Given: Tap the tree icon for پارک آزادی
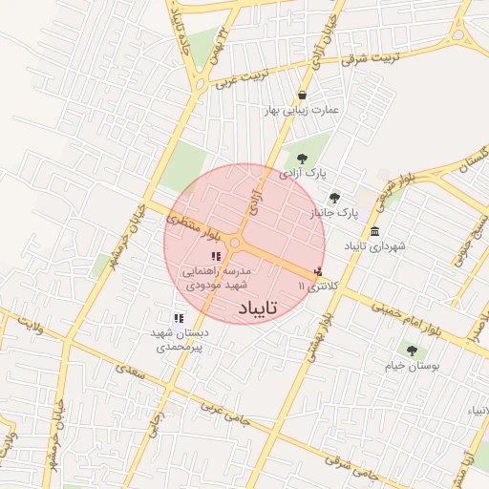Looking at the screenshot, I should [303, 159].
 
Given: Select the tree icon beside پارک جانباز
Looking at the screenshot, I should [334, 198].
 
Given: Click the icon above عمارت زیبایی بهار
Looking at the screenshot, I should [303, 96].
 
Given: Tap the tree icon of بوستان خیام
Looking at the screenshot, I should [412, 350].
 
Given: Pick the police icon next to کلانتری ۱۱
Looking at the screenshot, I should [317, 272].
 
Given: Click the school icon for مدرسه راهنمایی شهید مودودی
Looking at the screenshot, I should [216, 255].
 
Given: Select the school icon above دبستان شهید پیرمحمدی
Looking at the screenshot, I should [179, 319].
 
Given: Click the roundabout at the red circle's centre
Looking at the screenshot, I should [235, 244].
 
